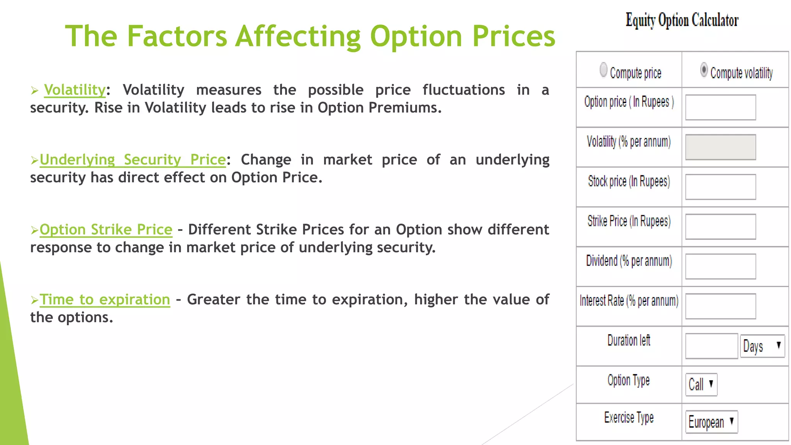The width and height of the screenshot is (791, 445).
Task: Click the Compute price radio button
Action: [x=603, y=70]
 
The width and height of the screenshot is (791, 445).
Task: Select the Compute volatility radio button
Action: [x=704, y=70]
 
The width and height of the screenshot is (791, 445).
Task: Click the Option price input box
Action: [x=720, y=107]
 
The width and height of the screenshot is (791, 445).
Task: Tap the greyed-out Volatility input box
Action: [x=720, y=147]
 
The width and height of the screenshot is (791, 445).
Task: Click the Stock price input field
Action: [x=720, y=187]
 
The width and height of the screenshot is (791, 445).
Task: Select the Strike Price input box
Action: [x=720, y=227]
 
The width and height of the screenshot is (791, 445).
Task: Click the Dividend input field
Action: [x=720, y=267]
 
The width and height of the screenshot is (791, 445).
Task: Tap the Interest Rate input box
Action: [x=720, y=306]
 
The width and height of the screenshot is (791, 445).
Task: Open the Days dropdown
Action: [x=762, y=346]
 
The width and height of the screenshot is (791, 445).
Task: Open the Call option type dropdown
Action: [x=701, y=384]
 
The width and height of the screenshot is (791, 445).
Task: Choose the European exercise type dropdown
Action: [x=711, y=422]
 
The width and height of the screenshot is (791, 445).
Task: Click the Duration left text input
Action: [x=711, y=346]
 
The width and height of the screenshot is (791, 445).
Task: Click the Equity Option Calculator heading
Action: [x=682, y=20]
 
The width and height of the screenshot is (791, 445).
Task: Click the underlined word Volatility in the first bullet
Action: [x=75, y=90]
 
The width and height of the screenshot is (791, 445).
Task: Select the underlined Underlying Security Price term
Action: [x=132, y=160]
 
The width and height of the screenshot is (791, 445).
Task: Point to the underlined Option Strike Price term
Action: [x=106, y=230]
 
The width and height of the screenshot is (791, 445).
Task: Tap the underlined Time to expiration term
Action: [x=105, y=300]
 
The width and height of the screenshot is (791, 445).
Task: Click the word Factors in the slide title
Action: [x=177, y=36]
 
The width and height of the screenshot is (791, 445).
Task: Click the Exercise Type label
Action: [x=629, y=418]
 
